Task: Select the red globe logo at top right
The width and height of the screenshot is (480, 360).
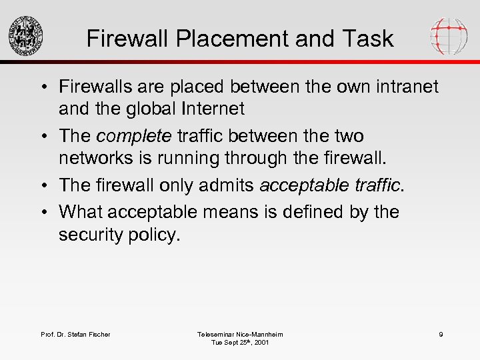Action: [x=449, y=35]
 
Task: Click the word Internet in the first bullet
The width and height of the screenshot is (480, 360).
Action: [x=206, y=108]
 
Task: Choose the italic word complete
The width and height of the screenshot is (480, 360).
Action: [x=134, y=136]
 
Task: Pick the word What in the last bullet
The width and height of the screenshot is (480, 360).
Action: [x=79, y=211]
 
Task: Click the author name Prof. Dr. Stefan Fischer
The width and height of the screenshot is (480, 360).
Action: [x=75, y=334]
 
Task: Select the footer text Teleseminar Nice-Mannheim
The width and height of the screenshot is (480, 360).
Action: [x=240, y=334]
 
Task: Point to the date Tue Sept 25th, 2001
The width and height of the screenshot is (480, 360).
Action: [x=240, y=343]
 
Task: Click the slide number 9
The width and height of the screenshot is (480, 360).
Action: [x=441, y=334]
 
